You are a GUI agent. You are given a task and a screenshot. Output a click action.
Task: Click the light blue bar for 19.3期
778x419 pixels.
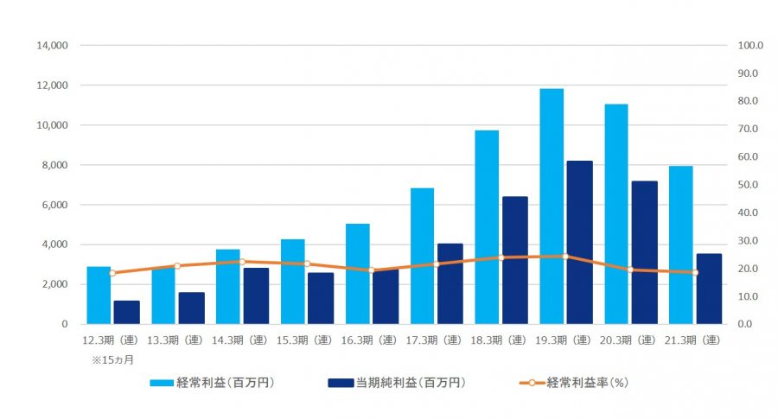tap(552, 206)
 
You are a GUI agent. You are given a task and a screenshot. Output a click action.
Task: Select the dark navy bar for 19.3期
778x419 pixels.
tap(579, 243)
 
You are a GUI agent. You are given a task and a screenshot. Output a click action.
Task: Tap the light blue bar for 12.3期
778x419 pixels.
tap(99, 295)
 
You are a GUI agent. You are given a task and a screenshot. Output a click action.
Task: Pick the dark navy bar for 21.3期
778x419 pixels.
tap(709, 289)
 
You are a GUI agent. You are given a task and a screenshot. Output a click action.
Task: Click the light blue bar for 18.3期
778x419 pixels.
tap(487, 227)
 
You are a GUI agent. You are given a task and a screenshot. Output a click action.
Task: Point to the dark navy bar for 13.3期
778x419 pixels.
tap(192, 308)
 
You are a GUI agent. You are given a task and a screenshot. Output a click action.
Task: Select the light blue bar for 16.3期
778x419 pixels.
tap(358, 274)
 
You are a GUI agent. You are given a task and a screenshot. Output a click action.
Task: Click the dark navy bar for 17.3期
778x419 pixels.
tap(450, 283)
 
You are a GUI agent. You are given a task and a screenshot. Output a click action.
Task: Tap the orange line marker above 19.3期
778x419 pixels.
tap(565, 257)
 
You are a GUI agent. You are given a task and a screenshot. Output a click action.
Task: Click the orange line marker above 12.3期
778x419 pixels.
tap(112, 273)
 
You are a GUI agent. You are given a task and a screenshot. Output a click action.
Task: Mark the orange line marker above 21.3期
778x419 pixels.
tap(695, 272)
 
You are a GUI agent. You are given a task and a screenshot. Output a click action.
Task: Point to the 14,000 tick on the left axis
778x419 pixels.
tap(52, 46)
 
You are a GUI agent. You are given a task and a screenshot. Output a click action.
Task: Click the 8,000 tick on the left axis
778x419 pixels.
tap(54, 165)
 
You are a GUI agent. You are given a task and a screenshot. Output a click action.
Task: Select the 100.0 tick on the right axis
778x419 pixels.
tap(750, 46)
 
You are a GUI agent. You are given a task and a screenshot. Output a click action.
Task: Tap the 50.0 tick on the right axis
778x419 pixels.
tap(748, 185)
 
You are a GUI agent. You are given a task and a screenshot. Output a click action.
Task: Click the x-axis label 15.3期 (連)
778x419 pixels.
tap(303, 340)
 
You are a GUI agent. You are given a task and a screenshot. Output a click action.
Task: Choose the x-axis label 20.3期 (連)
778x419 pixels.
tap(628, 340)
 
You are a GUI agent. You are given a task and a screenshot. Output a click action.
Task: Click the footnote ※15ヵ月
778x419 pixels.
tap(112, 360)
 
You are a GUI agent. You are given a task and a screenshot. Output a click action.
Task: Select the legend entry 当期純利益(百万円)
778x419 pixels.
tap(397, 383)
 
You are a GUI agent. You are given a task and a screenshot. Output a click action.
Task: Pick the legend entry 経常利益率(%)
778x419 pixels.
tap(574, 383)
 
